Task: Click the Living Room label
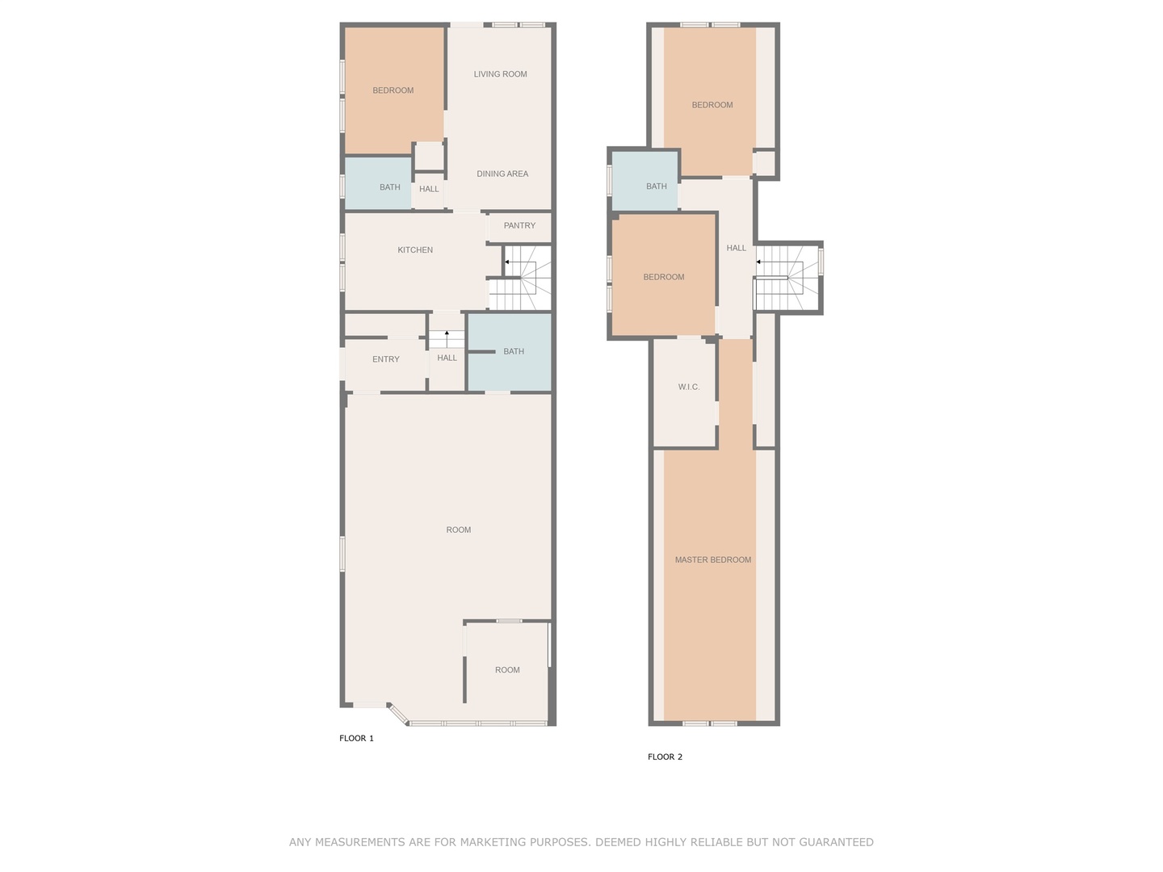pos(500,74)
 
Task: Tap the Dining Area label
pos(502,174)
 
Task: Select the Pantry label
pos(519,225)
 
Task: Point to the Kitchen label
pos(415,250)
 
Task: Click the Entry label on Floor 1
pos(385,359)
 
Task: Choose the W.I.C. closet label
pos(688,387)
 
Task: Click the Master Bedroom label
pos(712,560)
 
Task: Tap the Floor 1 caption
pos(356,738)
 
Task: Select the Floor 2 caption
pos(665,757)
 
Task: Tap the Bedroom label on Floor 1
pos(393,90)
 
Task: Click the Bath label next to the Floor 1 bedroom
pos(389,187)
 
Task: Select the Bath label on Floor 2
pos(656,187)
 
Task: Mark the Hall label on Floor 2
pos(736,248)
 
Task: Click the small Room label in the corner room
pos(507,670)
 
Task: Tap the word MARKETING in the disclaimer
pos(491,842)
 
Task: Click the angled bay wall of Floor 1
pos(397,714)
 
